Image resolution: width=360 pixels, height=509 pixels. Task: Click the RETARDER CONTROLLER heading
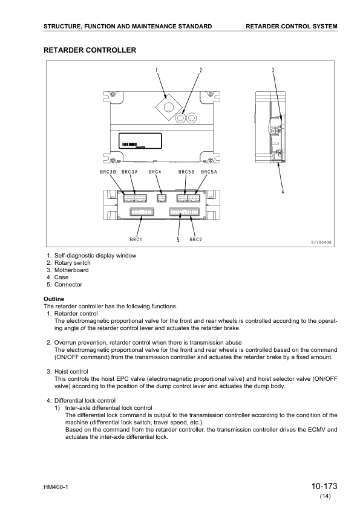coord(90,50)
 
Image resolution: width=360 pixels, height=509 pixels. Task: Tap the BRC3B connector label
coord(108,172)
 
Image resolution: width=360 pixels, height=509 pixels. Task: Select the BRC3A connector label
coord(129,172)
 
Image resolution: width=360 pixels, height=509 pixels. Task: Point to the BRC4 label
coord(155,172)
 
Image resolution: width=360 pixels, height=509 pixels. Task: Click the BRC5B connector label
coord(186,172)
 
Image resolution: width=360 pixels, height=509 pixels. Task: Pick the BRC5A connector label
coord(209,172)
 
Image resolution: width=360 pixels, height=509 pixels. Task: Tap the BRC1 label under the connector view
coord(136,239)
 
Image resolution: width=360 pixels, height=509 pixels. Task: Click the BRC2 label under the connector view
coord(195,239)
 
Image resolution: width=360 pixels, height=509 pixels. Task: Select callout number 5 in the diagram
coord(178,239)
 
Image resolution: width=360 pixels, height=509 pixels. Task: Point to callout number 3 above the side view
coord(273,70)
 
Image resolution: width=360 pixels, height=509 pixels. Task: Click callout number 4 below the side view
coord(283,192)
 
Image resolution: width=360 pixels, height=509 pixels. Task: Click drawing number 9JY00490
coord(321,242)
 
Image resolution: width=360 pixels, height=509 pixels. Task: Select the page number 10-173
coord(324,486)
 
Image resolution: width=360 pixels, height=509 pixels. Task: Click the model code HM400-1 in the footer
coord(56,488)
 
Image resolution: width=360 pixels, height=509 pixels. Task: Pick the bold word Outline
coord(54,299)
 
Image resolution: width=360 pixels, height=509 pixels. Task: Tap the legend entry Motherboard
coord(71,270)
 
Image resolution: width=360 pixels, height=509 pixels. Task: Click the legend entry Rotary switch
coord(72,263)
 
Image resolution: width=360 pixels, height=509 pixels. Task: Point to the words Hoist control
coord(71,372)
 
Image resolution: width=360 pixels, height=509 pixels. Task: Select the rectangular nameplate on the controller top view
coord(140,141)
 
